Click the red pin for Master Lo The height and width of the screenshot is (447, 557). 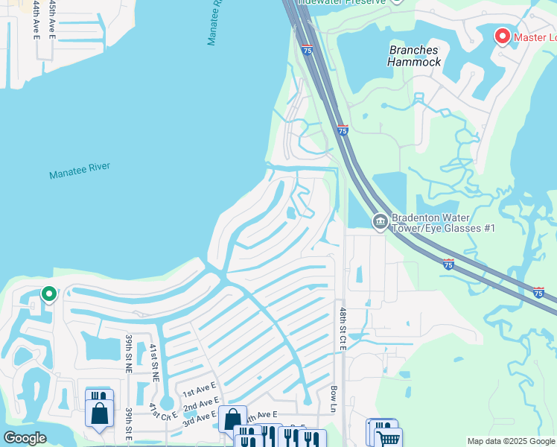(x=502, y=36)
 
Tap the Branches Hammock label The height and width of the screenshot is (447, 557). (x=414, y=57)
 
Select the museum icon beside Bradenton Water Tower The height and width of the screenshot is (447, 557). (x=380, y=221)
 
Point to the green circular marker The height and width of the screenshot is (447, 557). (x=49, y=295)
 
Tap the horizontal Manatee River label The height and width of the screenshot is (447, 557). (x=80, y=171)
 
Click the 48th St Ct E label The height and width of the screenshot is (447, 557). (x=343, y=329)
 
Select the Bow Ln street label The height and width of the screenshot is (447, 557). (x=333, y=399)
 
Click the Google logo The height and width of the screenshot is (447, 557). (x=25, y=438)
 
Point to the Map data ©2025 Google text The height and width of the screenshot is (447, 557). (x=510, y=441)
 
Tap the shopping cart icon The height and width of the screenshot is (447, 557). (x=388, y=438)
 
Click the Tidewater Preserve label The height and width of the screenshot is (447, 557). (x=342, y=2)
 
